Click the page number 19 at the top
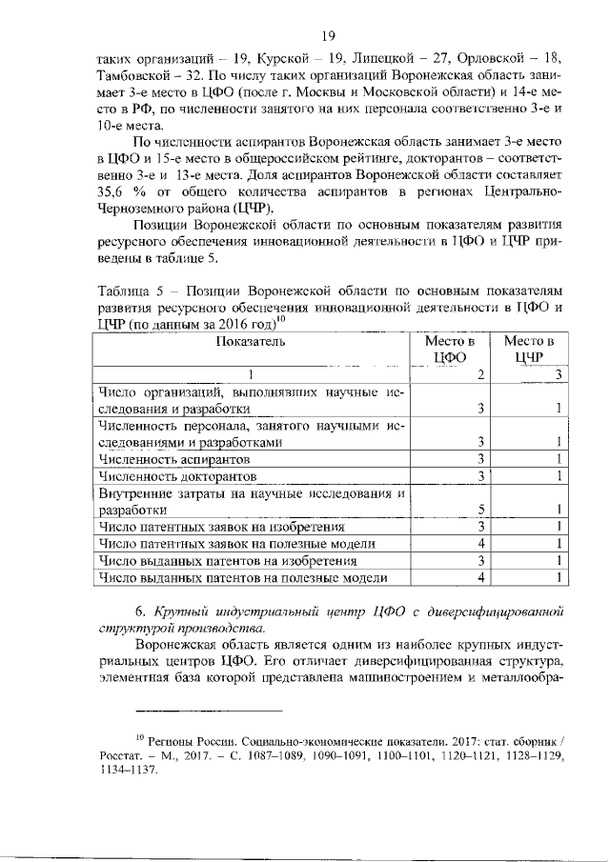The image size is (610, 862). click(328, 36)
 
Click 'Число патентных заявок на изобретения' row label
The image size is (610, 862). click(221, 526)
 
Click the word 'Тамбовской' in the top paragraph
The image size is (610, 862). click(134, 72)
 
